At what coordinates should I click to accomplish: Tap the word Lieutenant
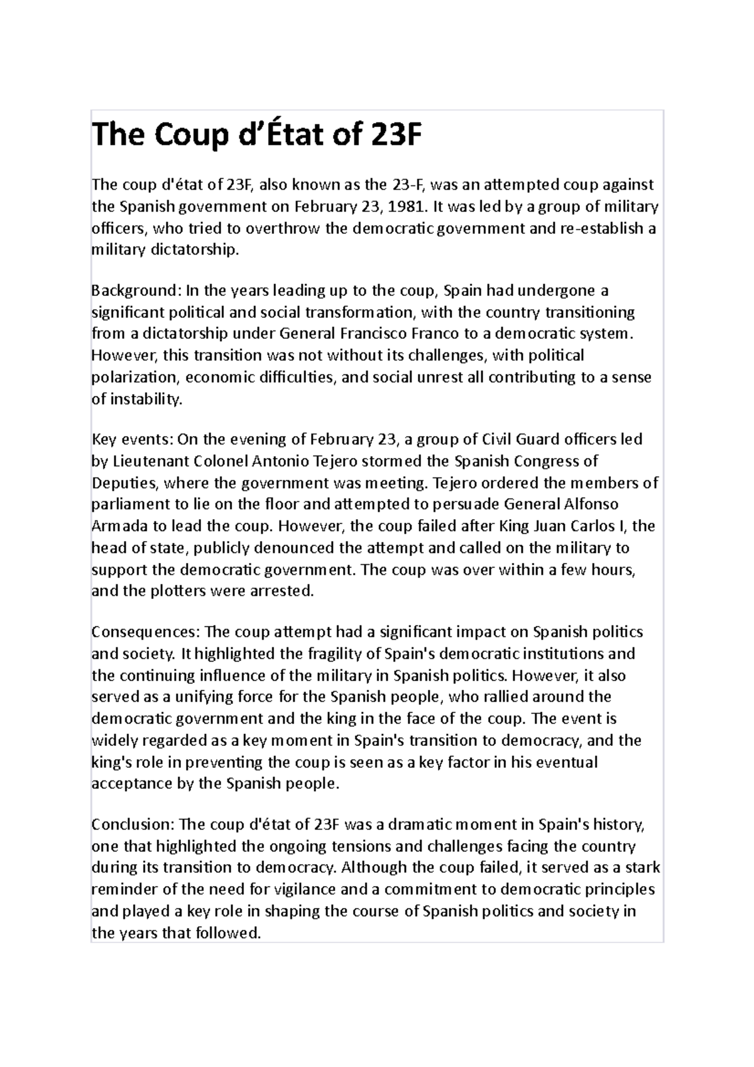(148, 461)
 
